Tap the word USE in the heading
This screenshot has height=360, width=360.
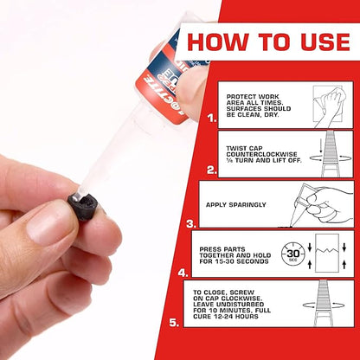(x=314, y=42)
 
